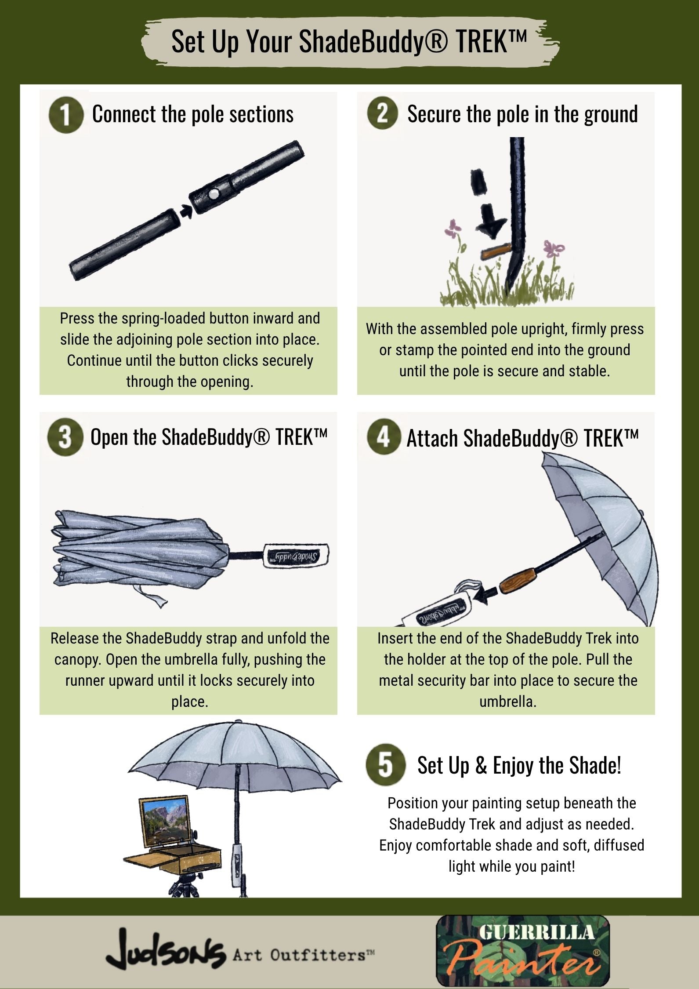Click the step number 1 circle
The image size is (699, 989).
point(66,116)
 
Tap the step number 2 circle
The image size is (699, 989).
point(383,114)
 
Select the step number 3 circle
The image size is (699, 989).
point(65,437)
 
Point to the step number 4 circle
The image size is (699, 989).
point(384,437)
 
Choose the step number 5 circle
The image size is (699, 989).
point(385,765)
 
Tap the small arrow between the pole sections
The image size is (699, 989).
point(186,212)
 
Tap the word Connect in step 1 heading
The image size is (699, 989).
point(124,114)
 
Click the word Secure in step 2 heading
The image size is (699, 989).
point(435,114)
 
